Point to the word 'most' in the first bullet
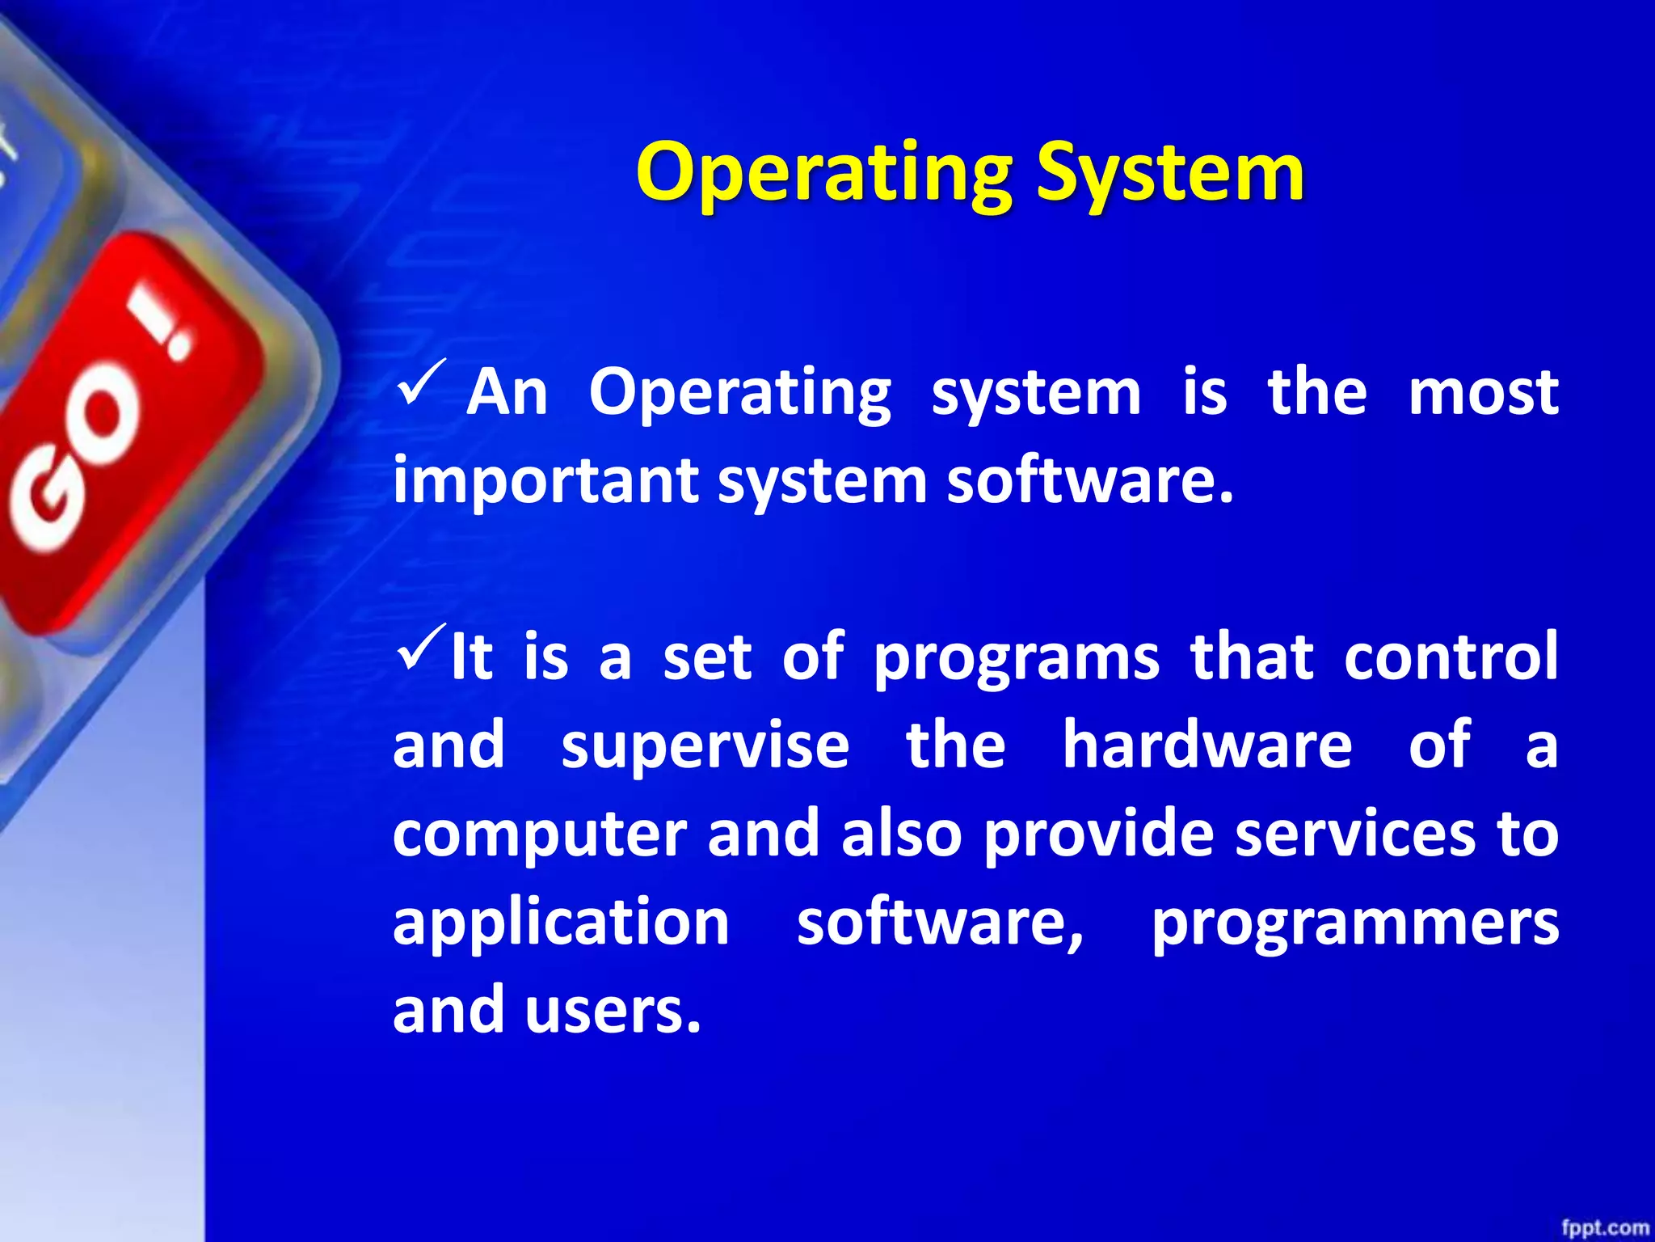click(x=1483, y=393)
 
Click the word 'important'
click(x=545, y=481)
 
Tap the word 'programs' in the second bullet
click(x=1017, y=659)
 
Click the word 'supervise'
click(x=705, y=746)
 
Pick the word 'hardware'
click(x=1207, y=745)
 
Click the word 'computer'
click(x=539, y=835)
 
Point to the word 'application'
click(x=561, y=923)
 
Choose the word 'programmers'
click(x=1354, y=924)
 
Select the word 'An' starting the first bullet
click(x=507, y=393)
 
